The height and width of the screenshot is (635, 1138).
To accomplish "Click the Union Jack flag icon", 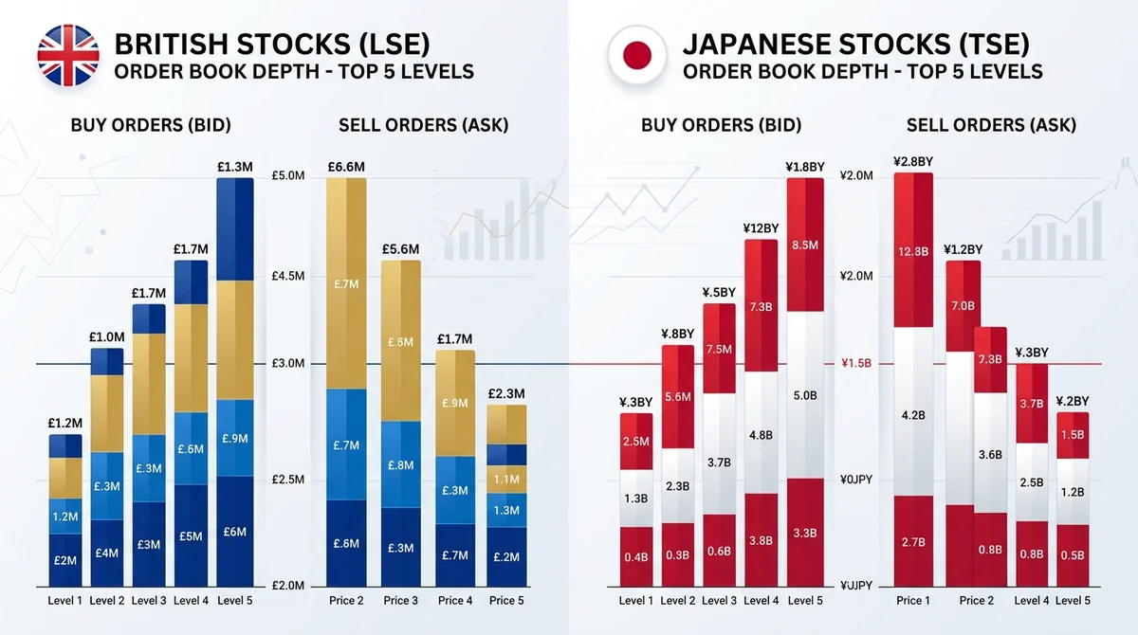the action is coord(68,55).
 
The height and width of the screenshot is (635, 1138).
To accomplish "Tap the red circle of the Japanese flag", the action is coord(637,55).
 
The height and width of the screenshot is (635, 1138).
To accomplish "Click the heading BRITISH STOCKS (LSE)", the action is coord(272,45).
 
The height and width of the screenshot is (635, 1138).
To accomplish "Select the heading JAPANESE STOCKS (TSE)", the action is coord(856,45).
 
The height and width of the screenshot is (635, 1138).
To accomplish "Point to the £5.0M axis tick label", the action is coord(288,175).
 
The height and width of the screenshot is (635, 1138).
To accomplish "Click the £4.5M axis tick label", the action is coord(288,276).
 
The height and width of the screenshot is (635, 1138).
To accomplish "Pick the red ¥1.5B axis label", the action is coord(856,363).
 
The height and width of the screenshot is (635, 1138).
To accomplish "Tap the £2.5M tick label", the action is coord(288,480).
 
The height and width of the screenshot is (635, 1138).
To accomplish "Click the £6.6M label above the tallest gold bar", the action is coord(346,167).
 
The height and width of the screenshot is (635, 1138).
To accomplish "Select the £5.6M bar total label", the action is coord(401,249).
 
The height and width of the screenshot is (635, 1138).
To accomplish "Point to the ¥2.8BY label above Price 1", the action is coord(913,162).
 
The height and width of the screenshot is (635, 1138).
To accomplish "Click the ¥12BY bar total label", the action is coord(761,228).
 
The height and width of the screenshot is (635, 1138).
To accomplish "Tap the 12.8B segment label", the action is coord(913,252).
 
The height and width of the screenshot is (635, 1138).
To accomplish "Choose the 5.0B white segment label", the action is coord(805,395).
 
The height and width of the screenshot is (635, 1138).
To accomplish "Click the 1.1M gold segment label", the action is coord(506,480).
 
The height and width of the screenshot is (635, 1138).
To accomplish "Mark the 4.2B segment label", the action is coord(913,416).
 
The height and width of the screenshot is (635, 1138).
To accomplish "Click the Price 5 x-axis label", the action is coord(506,601).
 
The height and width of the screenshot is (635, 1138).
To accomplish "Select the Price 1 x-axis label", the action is coord(913,601).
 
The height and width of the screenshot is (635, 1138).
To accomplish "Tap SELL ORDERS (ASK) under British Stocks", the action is coord(423,125).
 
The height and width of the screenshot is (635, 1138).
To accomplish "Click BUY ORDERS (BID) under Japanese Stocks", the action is coord(721,125).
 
